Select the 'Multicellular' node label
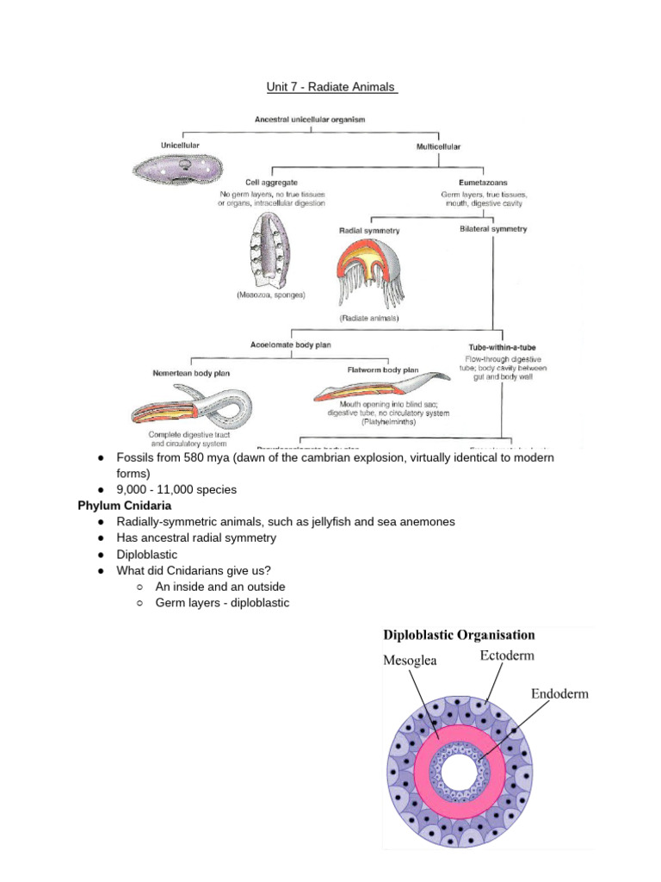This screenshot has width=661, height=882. pos(439,147)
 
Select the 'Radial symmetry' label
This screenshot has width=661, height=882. pos(369,231)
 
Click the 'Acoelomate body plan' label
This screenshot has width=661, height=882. pos(291,345)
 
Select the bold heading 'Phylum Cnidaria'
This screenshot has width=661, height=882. pos(125,506)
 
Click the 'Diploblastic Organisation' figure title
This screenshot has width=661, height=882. pos(459,635)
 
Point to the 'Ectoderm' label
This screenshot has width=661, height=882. pos(507,655)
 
